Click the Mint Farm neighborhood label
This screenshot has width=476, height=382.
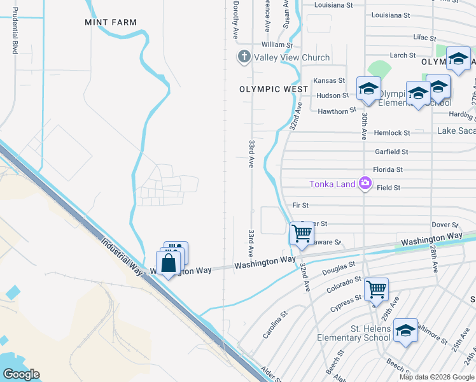pos(111,22)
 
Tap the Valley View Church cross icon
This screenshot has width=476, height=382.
pos(242,57)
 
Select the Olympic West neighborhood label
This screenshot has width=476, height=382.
pos(274,89)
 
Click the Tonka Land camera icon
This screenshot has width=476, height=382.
pos(365,184)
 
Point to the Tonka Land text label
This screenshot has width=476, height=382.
pos(332,185)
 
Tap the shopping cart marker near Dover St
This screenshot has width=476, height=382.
pos(302,233)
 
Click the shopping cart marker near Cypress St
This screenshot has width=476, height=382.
pos(376,289)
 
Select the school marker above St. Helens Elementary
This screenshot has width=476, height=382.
pos(405,330)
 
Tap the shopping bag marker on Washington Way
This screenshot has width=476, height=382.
pos(169,263)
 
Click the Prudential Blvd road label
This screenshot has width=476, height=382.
pos(14,31)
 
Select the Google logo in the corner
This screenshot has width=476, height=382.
pos(21,374)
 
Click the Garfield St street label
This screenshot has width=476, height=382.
pos(391,152)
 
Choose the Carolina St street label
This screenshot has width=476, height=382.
pos(275,325)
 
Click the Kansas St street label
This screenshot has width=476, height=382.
pos(329,81)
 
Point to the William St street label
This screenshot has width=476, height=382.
pos(277,45)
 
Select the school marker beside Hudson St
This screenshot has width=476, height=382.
pos(368,89)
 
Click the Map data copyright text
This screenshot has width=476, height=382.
pos(436,377)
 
